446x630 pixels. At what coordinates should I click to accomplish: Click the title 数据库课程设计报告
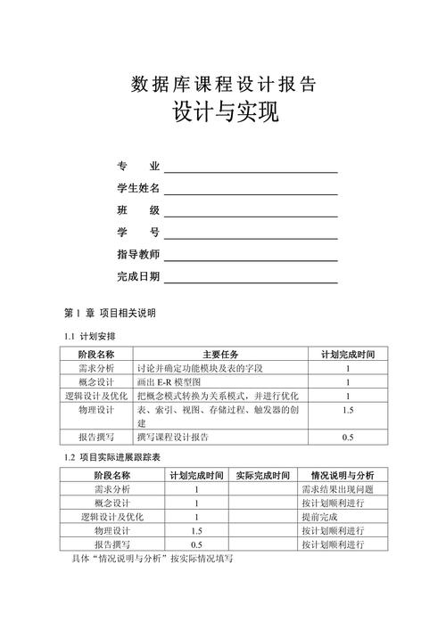click(x=223, y=85)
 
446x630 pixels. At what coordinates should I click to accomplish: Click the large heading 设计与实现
click(x=223, y=115)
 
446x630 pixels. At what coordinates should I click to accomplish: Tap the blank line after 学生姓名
click(x=251, y=189)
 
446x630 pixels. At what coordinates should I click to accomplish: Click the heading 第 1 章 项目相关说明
click(x=110, y=313)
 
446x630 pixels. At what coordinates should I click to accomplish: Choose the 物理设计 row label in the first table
click(x=95, y=410)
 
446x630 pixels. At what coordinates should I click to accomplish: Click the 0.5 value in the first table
click(x=348, y=438)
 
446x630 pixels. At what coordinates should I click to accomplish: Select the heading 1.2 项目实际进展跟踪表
click(x=112, y=457)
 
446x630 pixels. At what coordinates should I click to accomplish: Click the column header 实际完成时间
click(x=263, y=475)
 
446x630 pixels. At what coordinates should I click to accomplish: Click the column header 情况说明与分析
click(x=343, y=475)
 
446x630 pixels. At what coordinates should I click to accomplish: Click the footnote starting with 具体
click(x=151, y=560)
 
